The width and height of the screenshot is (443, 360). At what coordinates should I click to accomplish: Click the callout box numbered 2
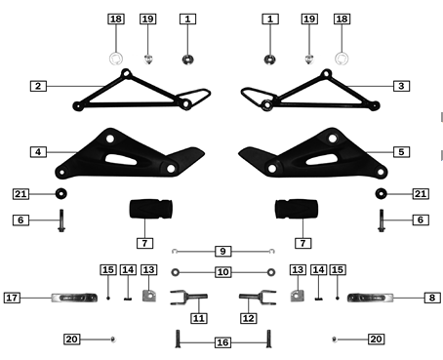[38, 86]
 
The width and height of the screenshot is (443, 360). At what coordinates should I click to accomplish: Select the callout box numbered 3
[401, 86]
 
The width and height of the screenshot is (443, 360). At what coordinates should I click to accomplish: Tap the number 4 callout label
[38, 151]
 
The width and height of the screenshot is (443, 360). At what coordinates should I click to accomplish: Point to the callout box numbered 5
[401, 151]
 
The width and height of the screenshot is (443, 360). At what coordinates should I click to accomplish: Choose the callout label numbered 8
[430, 297]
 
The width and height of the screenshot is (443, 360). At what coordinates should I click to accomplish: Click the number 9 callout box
[222, 251]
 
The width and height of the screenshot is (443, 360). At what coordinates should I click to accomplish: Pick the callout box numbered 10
[222, 271]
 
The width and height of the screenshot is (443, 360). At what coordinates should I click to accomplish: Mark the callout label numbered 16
[222, 342]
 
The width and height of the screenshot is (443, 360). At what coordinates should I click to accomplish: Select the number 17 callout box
[13, 297]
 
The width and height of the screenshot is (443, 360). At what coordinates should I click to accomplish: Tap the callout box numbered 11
[199, 317]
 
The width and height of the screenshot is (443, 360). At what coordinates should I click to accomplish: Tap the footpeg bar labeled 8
[376, 297]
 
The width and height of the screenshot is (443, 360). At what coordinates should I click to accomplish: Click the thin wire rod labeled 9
[222, 260]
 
